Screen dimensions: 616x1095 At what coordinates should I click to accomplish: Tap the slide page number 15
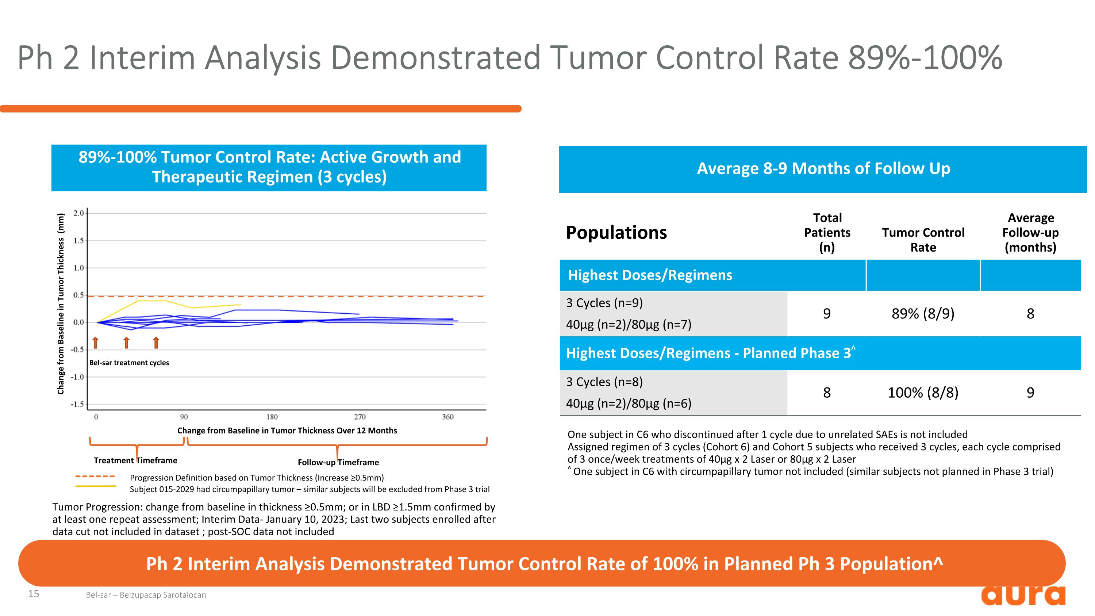(34, 594)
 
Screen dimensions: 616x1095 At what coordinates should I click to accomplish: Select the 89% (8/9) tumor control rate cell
(923, 314)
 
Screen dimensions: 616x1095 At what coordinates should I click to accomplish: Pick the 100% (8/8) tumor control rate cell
(923, 393)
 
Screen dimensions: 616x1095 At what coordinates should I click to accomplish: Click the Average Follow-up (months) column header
(1030, 233)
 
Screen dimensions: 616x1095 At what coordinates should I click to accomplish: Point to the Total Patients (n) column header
(827, 233)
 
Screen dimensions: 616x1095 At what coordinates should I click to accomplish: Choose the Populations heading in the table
(616, 233)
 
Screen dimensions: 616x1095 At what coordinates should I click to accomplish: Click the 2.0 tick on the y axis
(78, 213)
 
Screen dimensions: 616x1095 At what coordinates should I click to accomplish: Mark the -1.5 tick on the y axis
(77, 404)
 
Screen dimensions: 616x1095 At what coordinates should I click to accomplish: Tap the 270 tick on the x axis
(360, 417)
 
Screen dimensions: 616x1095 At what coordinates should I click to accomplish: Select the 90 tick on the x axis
(184, 417)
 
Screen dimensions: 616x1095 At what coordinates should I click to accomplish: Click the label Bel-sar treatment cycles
(129, 363)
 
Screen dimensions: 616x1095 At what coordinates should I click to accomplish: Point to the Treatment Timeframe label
(135, 460)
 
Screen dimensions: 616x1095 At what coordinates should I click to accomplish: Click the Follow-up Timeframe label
(338, 462)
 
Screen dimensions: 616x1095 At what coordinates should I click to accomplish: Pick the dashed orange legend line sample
(95, 477)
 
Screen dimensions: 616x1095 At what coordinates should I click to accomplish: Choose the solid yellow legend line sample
(95, 486)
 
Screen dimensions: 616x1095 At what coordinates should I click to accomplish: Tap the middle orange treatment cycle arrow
(126, 343)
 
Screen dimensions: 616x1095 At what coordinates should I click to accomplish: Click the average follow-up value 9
(1030, 393)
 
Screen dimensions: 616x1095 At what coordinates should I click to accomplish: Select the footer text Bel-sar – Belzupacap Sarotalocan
(146, 595)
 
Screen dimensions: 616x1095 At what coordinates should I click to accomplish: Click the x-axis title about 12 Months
(287, 431)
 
